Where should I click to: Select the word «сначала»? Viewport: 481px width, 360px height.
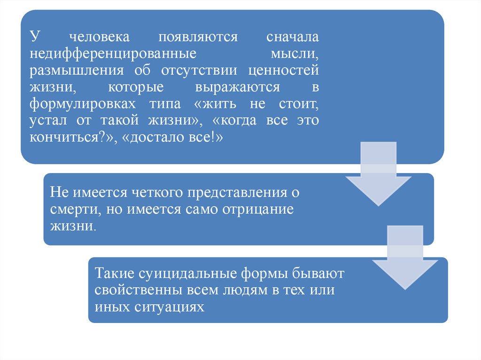click(293, 37)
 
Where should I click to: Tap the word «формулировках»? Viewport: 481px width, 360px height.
click(79, 104)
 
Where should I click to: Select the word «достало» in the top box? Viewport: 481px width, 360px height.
click(153, 138)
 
